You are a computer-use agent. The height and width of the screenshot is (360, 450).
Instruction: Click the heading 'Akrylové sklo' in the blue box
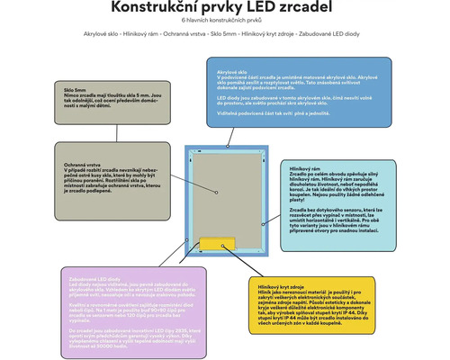231,69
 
